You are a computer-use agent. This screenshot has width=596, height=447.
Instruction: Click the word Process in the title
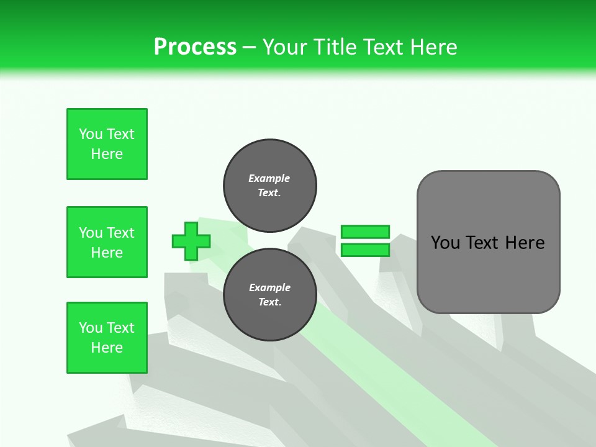pos(195,47)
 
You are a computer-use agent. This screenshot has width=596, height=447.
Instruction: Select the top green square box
pos(107,144)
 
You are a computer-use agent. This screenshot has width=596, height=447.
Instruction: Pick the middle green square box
pos(107,242)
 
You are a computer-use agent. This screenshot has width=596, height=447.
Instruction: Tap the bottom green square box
pos(107,338)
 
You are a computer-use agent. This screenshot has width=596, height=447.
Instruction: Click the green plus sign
pos(191,240)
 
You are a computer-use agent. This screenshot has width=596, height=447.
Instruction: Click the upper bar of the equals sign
pos(365,232)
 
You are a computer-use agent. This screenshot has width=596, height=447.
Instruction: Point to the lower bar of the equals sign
pos(365,250)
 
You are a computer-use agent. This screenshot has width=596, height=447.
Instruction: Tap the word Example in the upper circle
pos(269,178)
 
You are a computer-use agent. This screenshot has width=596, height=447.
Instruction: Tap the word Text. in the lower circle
pos(269,302)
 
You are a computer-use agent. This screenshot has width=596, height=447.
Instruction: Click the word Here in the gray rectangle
pos(525,243)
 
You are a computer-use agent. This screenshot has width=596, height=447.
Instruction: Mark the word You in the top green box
pos(90,134)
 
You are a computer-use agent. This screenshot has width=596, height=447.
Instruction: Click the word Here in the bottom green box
pos(107,348)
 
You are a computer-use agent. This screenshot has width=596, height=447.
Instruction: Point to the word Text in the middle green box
pos(120,233)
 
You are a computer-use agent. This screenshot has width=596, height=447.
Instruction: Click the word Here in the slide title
pos(435,47)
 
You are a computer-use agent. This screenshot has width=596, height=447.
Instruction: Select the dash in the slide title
pos(249,47)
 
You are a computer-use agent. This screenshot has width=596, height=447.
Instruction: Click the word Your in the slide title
pos(286,47)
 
